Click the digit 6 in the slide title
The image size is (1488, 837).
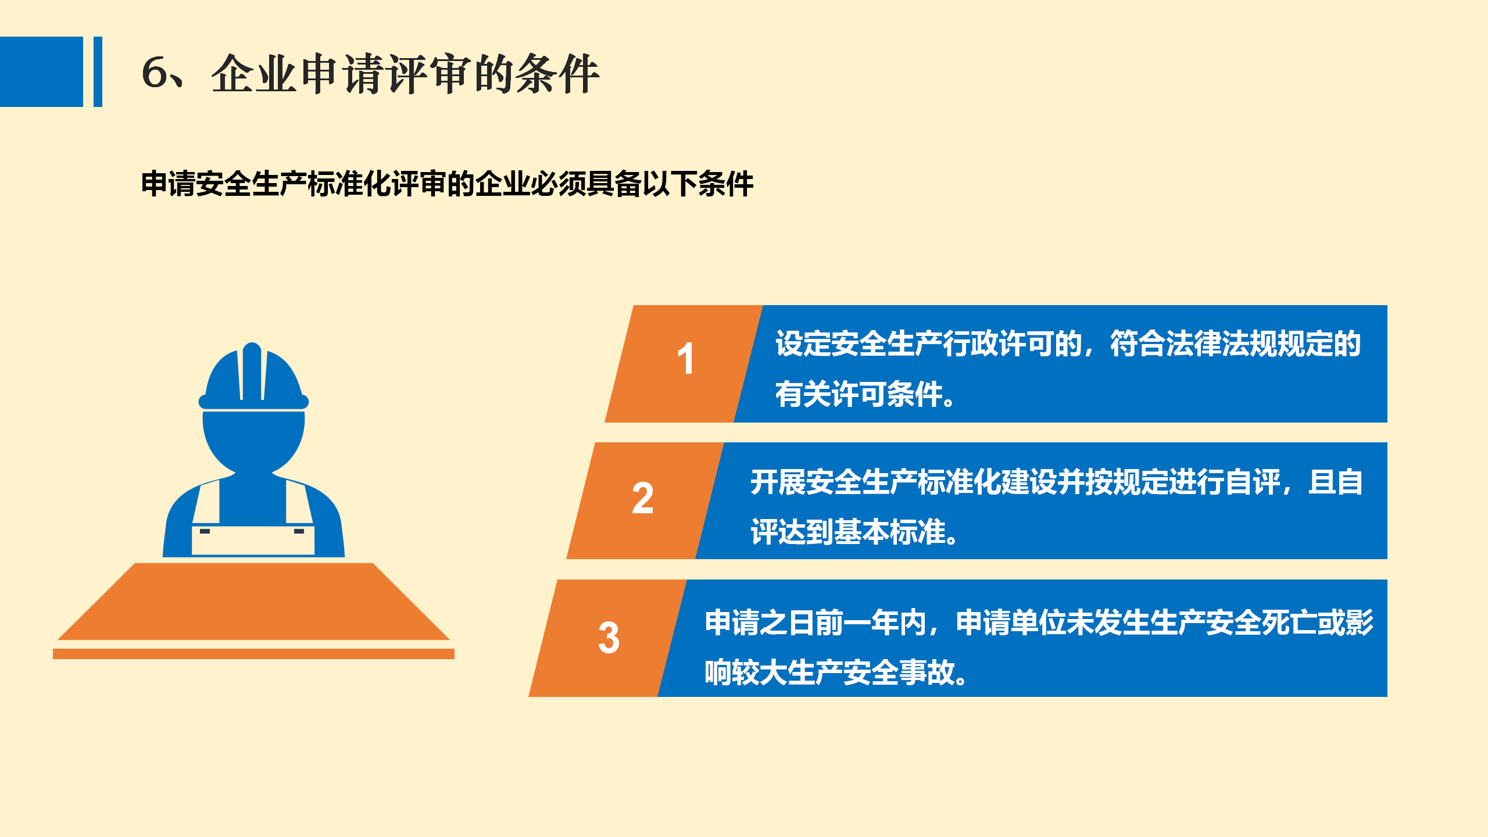coord(155,73)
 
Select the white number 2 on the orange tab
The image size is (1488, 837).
coord(643,498)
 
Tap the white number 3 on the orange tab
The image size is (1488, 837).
coord(609,638)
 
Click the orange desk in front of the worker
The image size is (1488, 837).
coord(253,602)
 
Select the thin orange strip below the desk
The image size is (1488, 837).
coord(253,654)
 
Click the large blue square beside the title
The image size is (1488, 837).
coord(41,71)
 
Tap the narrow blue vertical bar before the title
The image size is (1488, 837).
coord(98,71)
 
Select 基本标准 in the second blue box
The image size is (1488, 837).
coord(889,532)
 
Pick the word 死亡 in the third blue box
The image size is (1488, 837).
coord(1289,623)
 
